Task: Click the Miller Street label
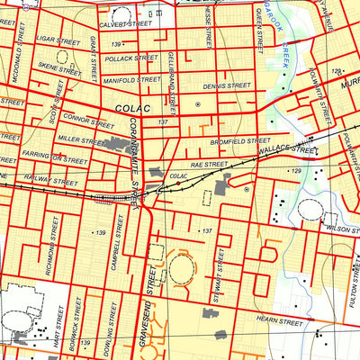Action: [78, 140]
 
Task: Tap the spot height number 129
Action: [294, 170]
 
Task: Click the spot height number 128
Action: [336, 71]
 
